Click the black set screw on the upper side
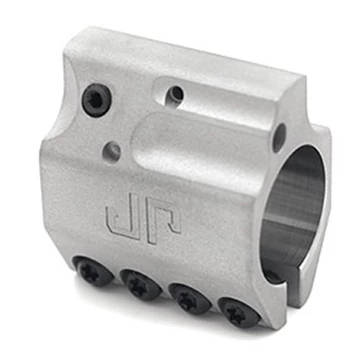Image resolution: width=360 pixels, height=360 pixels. (x=97, y=100)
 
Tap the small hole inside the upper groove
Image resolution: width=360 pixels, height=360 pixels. (x=174, y=96)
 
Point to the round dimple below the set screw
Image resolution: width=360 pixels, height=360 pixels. (x=112, y=152)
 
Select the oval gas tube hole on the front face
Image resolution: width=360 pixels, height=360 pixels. (x=279, y=138)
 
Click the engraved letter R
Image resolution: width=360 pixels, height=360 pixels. (x=162, y=222)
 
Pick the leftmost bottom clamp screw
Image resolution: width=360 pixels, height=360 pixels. (x=93, y=271)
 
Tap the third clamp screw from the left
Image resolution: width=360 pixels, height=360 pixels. (x=190, y=299)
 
